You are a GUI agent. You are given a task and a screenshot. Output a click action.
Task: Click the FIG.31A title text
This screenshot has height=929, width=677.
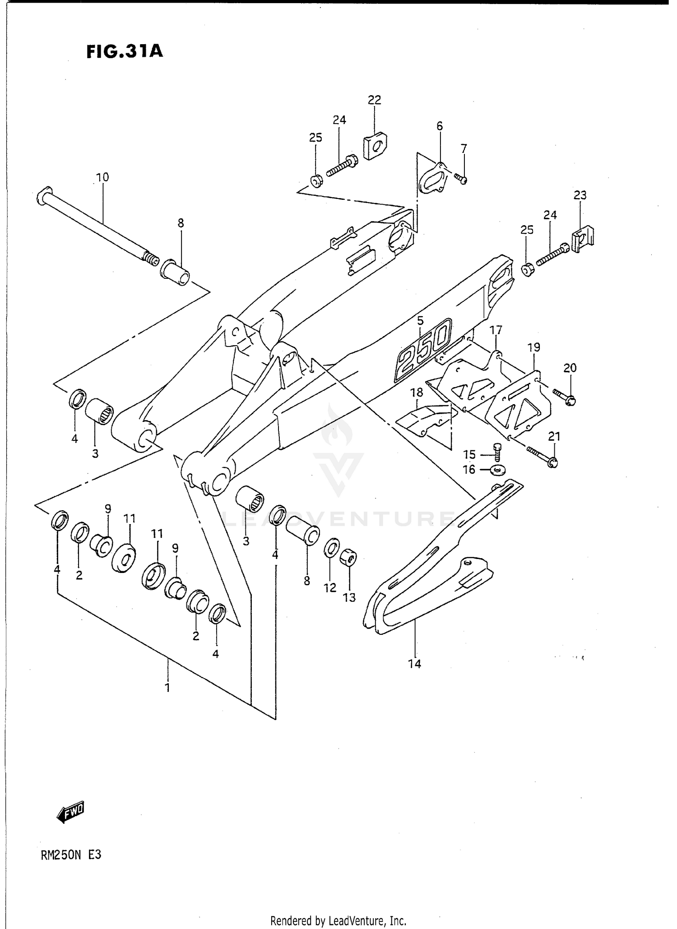tap(125, 51)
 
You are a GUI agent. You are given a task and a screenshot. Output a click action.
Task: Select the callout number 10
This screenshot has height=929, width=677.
tap(102, 177)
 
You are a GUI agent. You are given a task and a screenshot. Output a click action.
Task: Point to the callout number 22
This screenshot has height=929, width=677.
tap(374, 100)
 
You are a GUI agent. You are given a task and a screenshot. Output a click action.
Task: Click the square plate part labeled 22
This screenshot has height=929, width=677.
tap(376, 145)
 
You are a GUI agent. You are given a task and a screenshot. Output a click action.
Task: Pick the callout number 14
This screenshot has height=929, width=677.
tap(414, 664)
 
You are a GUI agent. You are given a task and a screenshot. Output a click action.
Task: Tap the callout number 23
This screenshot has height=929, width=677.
tap(580, 195)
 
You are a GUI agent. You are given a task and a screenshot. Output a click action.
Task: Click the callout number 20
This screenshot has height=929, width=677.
tap(570, 368)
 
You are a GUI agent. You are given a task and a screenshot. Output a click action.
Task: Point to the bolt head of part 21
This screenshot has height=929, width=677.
tap(553, 462)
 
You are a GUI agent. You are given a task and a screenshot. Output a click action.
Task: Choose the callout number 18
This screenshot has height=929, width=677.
tap(417, 392)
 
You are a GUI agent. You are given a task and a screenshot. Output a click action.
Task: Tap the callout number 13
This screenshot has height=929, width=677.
tap(349, 597)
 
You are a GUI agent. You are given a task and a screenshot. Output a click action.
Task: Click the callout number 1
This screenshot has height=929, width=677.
tap(167, 688)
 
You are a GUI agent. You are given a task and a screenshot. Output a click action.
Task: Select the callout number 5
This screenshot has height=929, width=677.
tap(420, 321)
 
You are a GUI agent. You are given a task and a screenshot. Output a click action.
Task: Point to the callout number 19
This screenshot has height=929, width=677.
tap(533, 347)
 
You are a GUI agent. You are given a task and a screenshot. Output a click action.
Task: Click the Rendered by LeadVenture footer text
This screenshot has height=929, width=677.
tap(338, 920)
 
